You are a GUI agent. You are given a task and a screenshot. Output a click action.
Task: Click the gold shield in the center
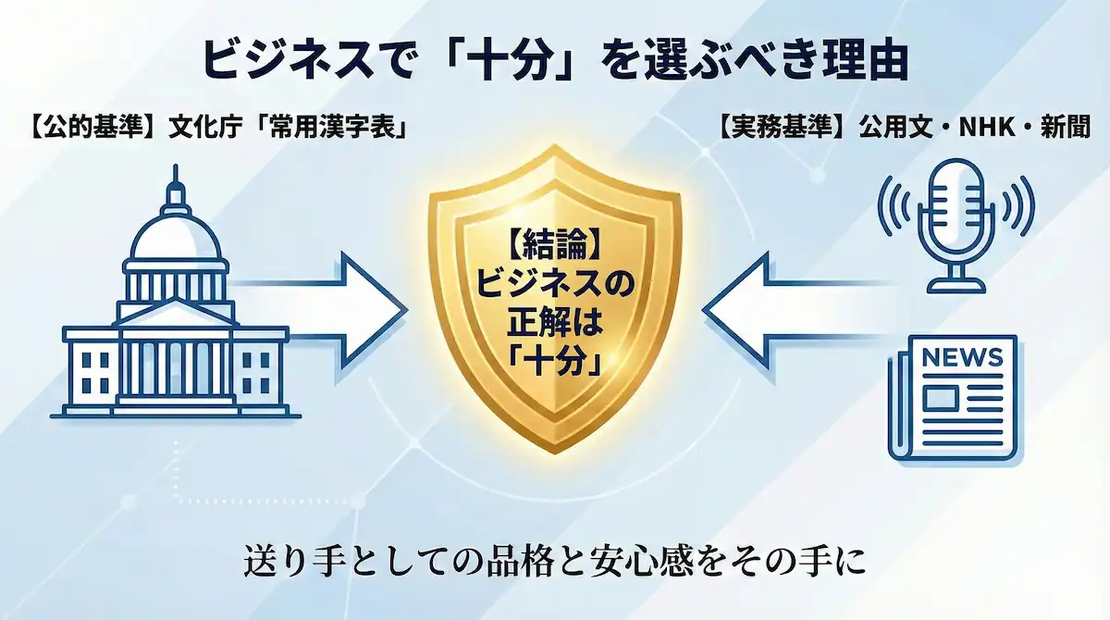tap(554, 305)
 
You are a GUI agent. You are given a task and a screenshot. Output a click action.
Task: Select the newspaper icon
tap(953, 398)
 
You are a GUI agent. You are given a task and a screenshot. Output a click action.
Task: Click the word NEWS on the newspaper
tap(962, 357)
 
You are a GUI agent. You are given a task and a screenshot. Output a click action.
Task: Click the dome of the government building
tap(175, 231)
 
